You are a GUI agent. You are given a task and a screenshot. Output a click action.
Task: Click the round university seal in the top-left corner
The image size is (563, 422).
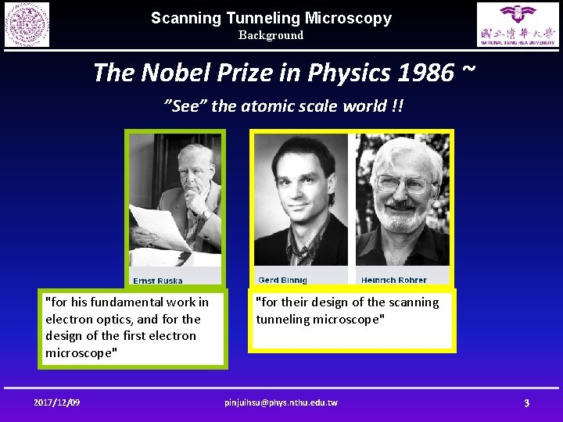click(x=27, y=24)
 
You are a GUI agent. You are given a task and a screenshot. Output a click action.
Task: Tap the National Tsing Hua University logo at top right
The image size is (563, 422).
click(x=518, y=24)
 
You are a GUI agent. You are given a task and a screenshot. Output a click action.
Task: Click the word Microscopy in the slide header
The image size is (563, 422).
click(x=349, y=18)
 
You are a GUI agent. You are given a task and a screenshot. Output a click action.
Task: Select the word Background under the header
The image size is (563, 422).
click(x=271, y=35)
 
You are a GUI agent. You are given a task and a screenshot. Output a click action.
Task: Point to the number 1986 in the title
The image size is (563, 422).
click(x=426, y=73)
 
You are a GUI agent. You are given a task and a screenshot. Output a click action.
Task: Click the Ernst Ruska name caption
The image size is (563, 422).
click(x=158, y=281)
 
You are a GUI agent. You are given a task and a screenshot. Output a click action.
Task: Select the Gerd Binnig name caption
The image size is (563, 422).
click(x=282, y=280)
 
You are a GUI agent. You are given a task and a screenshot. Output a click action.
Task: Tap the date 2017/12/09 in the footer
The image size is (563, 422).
click(x=57, y=402)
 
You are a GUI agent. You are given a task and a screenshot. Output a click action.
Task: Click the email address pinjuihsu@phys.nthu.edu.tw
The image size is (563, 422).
click(x=281, y=402)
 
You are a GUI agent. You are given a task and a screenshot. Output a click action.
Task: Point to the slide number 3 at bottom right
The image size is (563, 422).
click(x=526, y=402)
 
